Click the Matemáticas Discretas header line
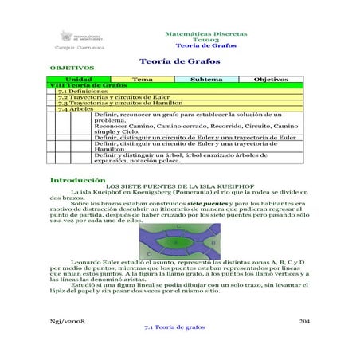(205, 33)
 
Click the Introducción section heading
(78, 180)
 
